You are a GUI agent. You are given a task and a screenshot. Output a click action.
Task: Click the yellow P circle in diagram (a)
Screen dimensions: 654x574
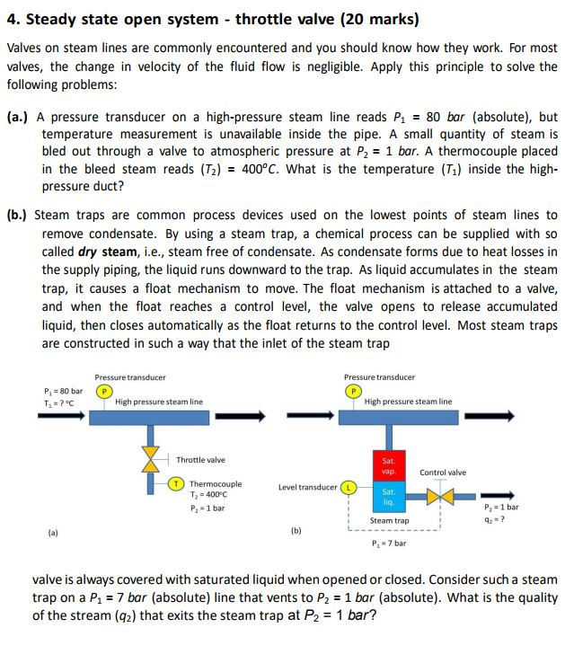103,391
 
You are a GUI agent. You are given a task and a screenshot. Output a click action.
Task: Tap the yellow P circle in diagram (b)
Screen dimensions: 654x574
352,391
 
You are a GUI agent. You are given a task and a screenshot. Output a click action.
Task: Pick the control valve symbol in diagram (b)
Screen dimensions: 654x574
440,496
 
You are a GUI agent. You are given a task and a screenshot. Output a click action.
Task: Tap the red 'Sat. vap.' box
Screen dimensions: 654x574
388,465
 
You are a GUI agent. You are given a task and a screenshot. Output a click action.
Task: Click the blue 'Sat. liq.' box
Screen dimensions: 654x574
388,497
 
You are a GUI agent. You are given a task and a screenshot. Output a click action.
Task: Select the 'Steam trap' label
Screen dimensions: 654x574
389,520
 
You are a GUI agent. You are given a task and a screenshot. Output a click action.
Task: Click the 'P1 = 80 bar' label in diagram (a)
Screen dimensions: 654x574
63,391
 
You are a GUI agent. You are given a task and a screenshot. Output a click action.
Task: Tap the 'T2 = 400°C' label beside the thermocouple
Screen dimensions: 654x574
209,495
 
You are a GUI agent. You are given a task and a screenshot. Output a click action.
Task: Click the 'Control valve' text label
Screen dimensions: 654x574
443,472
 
